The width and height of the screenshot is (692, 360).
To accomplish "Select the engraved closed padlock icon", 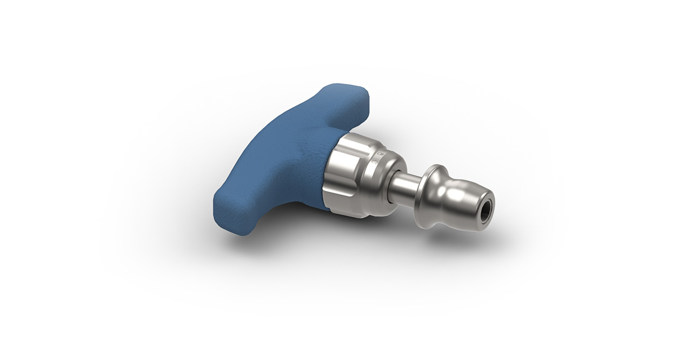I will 380,154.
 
